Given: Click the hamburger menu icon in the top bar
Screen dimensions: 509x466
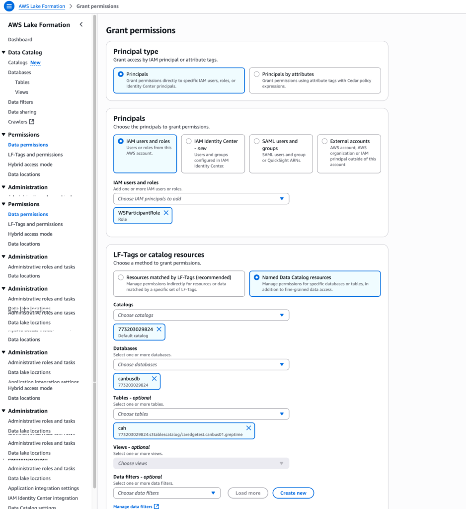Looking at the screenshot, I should coord(9,6).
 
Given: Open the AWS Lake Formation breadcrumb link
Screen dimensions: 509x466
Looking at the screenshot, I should coord(42,6).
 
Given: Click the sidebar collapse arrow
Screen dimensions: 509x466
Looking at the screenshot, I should coord(81,25).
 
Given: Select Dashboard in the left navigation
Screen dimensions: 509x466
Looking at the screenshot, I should coord(20,40).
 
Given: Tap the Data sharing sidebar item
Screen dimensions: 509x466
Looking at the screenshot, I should coord(22,112).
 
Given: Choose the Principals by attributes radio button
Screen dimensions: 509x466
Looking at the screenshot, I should coord(256,75).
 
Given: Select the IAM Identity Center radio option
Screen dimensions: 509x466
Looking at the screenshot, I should coord(189,141).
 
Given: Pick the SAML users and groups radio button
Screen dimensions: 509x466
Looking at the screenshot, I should coord(256,141).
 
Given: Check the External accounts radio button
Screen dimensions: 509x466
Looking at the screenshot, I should coord(324,141).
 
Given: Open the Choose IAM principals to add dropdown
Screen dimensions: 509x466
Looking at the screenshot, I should coord(201,199).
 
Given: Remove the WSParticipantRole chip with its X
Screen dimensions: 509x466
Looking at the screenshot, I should coord(166,213).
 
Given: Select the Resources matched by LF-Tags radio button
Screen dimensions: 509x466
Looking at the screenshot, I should coord(121,277).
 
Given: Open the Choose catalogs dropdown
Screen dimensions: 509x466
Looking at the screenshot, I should coord(201,315).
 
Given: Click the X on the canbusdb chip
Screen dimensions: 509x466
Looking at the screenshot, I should coord(154,379).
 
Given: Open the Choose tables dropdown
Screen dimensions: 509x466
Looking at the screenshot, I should coord(201,414).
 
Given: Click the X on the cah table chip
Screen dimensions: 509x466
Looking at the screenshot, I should coord(248,428).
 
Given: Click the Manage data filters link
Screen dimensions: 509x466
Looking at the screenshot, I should coord(133,507).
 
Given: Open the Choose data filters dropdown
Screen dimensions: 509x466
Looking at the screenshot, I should coord(167,493).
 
